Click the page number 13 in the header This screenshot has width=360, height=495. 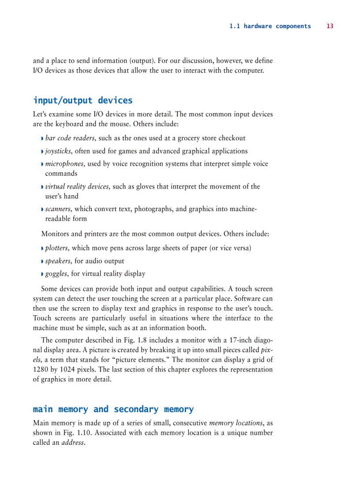point(330,26)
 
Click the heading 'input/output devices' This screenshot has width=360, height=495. point(82,100)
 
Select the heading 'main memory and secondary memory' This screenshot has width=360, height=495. point(113,409)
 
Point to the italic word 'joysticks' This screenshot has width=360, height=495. point(59,151)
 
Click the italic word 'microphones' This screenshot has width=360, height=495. point(65,164)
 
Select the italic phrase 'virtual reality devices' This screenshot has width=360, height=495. point(78,186)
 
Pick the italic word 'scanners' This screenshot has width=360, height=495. point(59,209)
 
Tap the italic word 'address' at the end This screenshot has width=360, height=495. point(72,443)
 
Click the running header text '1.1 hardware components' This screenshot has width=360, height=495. point(270,26)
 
